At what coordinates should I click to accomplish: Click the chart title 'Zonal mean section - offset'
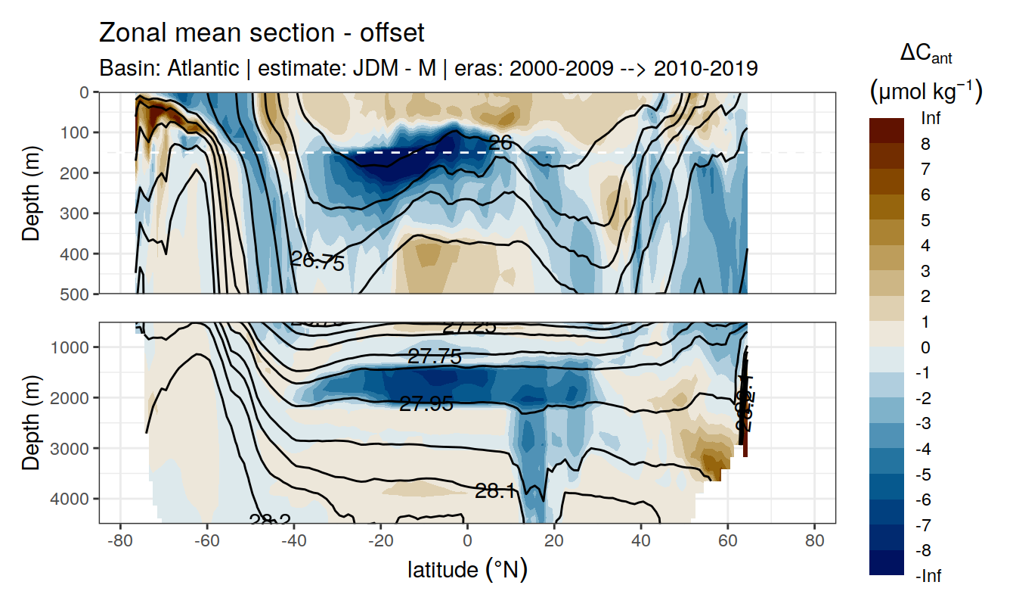(x=262, y=33)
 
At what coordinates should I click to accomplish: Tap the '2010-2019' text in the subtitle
(x=705, y=69)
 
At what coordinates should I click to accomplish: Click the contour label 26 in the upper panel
(x=500, y=142)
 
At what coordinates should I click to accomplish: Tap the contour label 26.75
(x=317, y=262)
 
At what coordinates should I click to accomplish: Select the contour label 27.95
(x=426, y=404)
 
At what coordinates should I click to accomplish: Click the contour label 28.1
(x=496, y=492)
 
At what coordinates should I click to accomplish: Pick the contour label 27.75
(x=435, y=356)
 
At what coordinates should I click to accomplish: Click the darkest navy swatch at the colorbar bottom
(x=887, y=563)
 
